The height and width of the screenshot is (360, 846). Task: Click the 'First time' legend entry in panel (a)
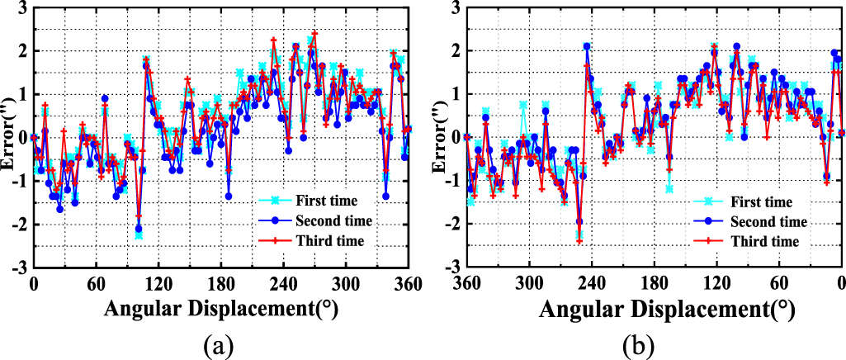336,201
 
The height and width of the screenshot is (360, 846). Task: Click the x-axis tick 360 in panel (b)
467,282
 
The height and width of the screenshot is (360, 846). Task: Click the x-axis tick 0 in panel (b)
841,282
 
